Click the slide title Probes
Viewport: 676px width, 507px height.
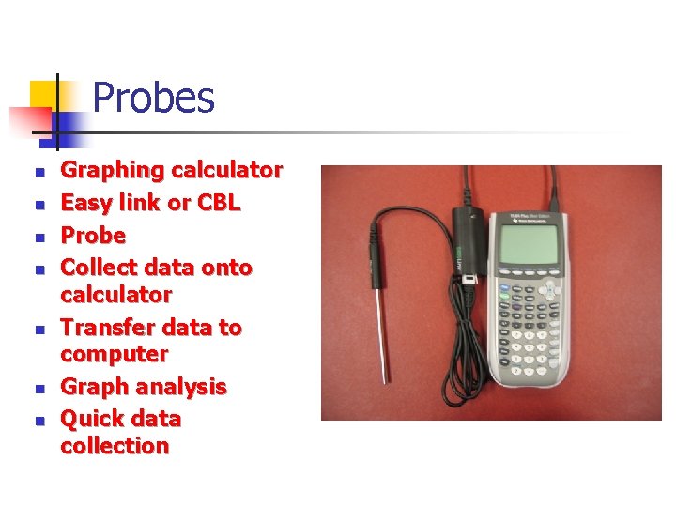[x=154, y=98]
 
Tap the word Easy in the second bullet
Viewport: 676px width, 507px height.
[x=87, y=202]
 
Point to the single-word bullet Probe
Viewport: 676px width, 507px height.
[x=93, y=235]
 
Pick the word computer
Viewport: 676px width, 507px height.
[x=114, y=354]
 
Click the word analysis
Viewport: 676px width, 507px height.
[x=181, y=387]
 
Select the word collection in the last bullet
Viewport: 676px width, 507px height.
[x=115, y=446]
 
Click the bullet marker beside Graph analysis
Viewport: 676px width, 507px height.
[x=39, y=388]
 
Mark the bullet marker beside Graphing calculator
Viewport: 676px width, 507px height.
[x=39, y=172]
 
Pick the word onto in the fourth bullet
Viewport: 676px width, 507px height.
[x=225, y=268]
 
